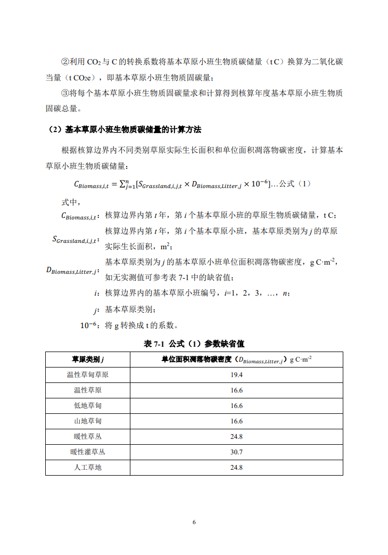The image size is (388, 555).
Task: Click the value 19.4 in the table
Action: point(236,374)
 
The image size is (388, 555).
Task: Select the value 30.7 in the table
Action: point(236,452)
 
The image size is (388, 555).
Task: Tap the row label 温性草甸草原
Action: point(88,374)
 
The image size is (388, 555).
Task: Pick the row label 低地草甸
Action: point(88,405)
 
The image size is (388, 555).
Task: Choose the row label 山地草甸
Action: point(88,421)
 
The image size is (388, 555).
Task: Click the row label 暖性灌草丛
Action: point(88,452)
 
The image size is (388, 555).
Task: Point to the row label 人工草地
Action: point(88,468)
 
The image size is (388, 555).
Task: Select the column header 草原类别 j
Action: point(88,359)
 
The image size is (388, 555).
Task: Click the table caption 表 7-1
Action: point(155,344)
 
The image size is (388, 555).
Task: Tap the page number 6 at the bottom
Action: point(194,522)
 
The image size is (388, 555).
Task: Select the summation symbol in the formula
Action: point(123,184)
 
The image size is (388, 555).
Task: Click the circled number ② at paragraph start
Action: point(66,62)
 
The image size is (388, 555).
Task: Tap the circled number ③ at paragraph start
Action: point(66,93)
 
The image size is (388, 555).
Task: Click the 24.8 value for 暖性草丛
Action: point(236,437)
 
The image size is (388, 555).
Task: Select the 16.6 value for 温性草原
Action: point(236,390)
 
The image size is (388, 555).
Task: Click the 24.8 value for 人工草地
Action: point(236,468)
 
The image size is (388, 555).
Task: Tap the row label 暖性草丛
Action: point(88,437)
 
